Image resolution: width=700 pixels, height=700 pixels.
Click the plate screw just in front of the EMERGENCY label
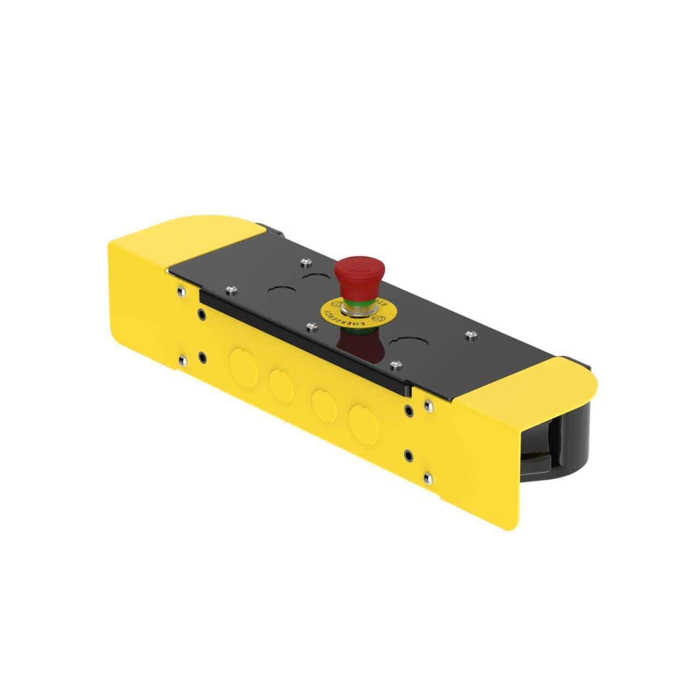coord(312,328)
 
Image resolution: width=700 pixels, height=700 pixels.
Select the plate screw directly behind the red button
coord(305,264)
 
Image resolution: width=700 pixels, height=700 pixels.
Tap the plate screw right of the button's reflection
coord(396,364)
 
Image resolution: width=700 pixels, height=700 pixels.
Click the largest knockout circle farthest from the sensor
coord(243,367)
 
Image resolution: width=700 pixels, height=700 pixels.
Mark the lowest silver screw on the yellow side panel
coord(428,479)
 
